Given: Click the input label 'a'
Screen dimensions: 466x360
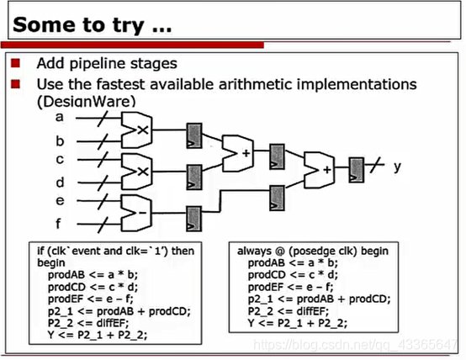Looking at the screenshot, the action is coord(60,117).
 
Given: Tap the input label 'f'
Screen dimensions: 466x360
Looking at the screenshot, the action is coord(59,223).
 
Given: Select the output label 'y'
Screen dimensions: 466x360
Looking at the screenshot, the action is coord(397,167).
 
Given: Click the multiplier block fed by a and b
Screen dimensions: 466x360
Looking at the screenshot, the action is coord(136,130).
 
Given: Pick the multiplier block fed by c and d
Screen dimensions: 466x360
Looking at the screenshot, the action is coord(136,172).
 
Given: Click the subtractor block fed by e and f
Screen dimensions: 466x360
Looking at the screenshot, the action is coord(136,213).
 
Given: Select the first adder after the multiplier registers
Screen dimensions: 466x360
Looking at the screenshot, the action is coord(238,153).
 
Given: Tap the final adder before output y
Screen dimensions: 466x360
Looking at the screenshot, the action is coord(319,170).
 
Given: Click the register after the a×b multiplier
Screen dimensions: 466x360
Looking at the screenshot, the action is coord(194,136).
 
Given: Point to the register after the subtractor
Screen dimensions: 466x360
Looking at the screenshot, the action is coord(194,219).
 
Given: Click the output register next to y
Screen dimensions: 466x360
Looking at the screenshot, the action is coord(356,170).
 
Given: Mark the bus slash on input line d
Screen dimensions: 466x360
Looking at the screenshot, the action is coord(103,183).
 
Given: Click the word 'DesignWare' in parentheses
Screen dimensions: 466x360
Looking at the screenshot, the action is coord(87,102).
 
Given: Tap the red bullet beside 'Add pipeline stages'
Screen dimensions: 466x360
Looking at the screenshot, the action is coord(15,63).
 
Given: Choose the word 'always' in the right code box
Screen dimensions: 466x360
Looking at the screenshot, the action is coord(254,251).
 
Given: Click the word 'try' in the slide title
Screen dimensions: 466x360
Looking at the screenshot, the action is coord(129,26).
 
